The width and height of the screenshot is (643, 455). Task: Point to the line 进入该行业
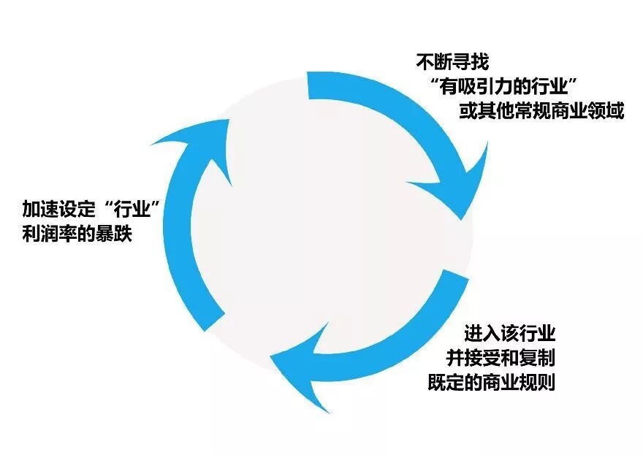coord(510,334)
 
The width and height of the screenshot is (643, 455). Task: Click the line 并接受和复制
coord(501,358)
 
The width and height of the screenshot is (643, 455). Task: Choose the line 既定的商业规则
coord(491,382)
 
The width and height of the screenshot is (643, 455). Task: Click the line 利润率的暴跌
coord(77,234)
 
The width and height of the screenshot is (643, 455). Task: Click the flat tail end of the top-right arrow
coord(310,87)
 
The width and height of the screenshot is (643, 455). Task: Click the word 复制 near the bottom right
coord(538,358)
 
